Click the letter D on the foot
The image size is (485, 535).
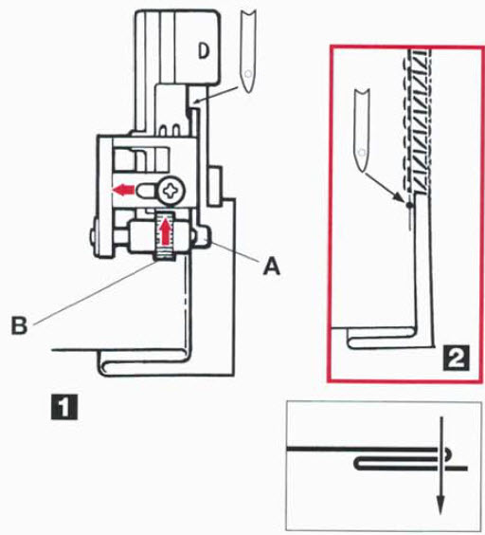[x=203, y=51]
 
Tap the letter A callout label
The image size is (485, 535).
[x=272, y=266]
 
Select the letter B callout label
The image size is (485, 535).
[x=19, y=325]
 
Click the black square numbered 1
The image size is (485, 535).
[x=64, y=407]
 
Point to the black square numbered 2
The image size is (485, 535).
[x=456, y=358]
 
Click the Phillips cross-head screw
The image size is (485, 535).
[x=171, y=190]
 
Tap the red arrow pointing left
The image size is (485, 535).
[x=123, y=189]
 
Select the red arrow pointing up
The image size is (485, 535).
[x=166, y=231]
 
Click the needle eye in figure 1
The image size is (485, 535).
[x=248, y=74]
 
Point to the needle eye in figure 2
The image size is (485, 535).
[x=363, y=153]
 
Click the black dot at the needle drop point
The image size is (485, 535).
[x=409, y=205]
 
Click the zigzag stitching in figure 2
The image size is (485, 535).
[x=419, y=122]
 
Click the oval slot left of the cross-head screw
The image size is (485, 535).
[x=147, y=190]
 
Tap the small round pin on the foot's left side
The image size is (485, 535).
[x=93, y=237]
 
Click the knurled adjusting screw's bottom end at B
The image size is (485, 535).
[x=165, y=257]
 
